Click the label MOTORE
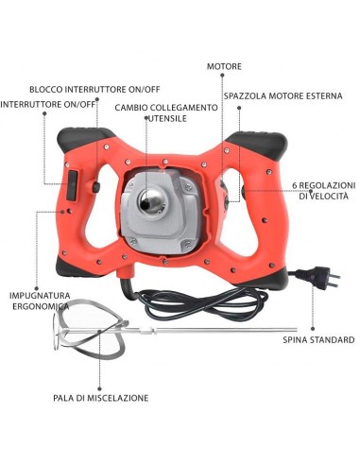(x=224, y=66)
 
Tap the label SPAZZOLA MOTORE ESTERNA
(x=283, y=95)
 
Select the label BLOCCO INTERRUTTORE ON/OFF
(x=94, y=89)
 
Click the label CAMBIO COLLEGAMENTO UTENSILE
(x=166, y=112)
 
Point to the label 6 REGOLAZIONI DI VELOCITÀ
(x=324, y=190)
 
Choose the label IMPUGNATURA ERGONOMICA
(x=40, y=301)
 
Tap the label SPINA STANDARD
(x=318, y=340)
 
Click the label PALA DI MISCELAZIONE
(x=101, y=398)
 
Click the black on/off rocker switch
(x=72, y=185)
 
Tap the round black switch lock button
(x=95, y=187)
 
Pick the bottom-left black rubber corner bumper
(x=77, y=268)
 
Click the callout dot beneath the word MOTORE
(x=222, y=75)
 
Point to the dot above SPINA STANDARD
(x=313, y=328)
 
